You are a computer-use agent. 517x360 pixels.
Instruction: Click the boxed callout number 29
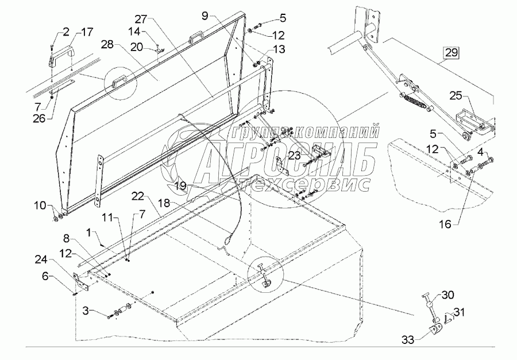point(451,54)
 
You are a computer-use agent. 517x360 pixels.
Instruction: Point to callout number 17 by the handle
point(87,31)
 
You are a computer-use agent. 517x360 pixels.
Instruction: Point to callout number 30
point(447,296)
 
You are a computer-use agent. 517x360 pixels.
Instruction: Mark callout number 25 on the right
point(455,95)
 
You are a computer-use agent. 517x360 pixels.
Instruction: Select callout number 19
point(181,185)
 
